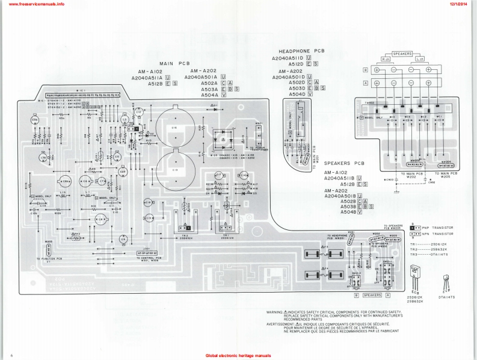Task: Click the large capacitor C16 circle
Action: coord(175,127)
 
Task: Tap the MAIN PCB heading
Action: coord(174,63)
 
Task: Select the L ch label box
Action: coord(420,60)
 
